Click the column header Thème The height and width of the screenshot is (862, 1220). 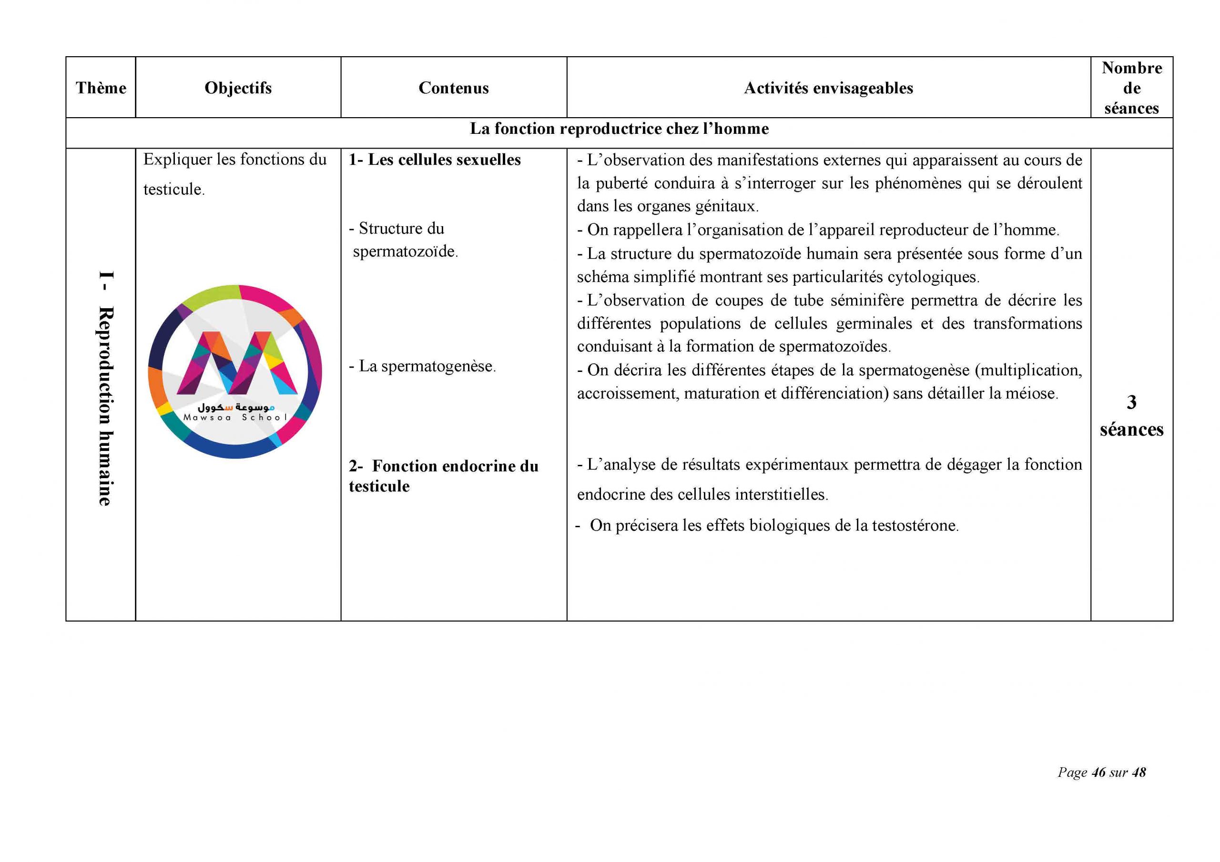[x=101, y=88]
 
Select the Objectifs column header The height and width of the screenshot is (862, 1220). [x=238, y=88]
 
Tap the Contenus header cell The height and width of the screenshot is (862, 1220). [x=453, y=88]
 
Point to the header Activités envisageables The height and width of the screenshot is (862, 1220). [x=828, y=88]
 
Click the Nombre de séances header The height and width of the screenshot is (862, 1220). [x=1131, y=88]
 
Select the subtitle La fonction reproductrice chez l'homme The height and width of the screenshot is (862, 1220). [x=619, y=129]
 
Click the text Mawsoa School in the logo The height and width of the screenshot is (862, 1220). [x=235, y=418]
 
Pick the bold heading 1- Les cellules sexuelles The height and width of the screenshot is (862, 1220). [x=435, y=160]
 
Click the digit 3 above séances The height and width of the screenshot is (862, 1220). [x=1131, y=402]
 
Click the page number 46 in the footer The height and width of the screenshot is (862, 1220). [x=1098, y=772]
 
